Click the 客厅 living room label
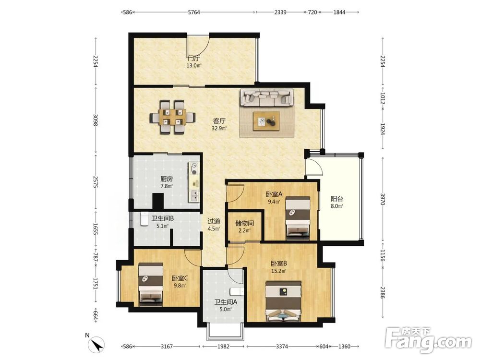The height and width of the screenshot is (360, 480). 219,121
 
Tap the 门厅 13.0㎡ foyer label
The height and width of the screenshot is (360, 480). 194,61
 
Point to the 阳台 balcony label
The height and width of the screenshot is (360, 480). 337,199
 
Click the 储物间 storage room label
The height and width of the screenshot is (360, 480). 244,223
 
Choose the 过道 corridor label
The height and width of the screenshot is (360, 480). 214,221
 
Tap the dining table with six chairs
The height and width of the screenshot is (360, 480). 173,118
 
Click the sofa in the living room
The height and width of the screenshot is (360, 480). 266,97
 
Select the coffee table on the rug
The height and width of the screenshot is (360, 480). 266,121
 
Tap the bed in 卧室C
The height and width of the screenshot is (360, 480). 151,284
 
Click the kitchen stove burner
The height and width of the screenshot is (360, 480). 194,166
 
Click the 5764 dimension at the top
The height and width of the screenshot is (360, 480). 194,12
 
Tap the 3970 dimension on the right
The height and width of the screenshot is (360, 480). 383,199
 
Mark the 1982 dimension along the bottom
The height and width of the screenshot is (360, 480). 223,346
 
